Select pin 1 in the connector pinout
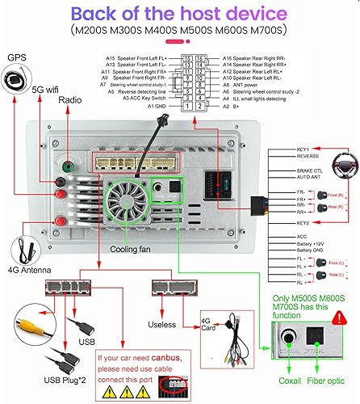(188, 106)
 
